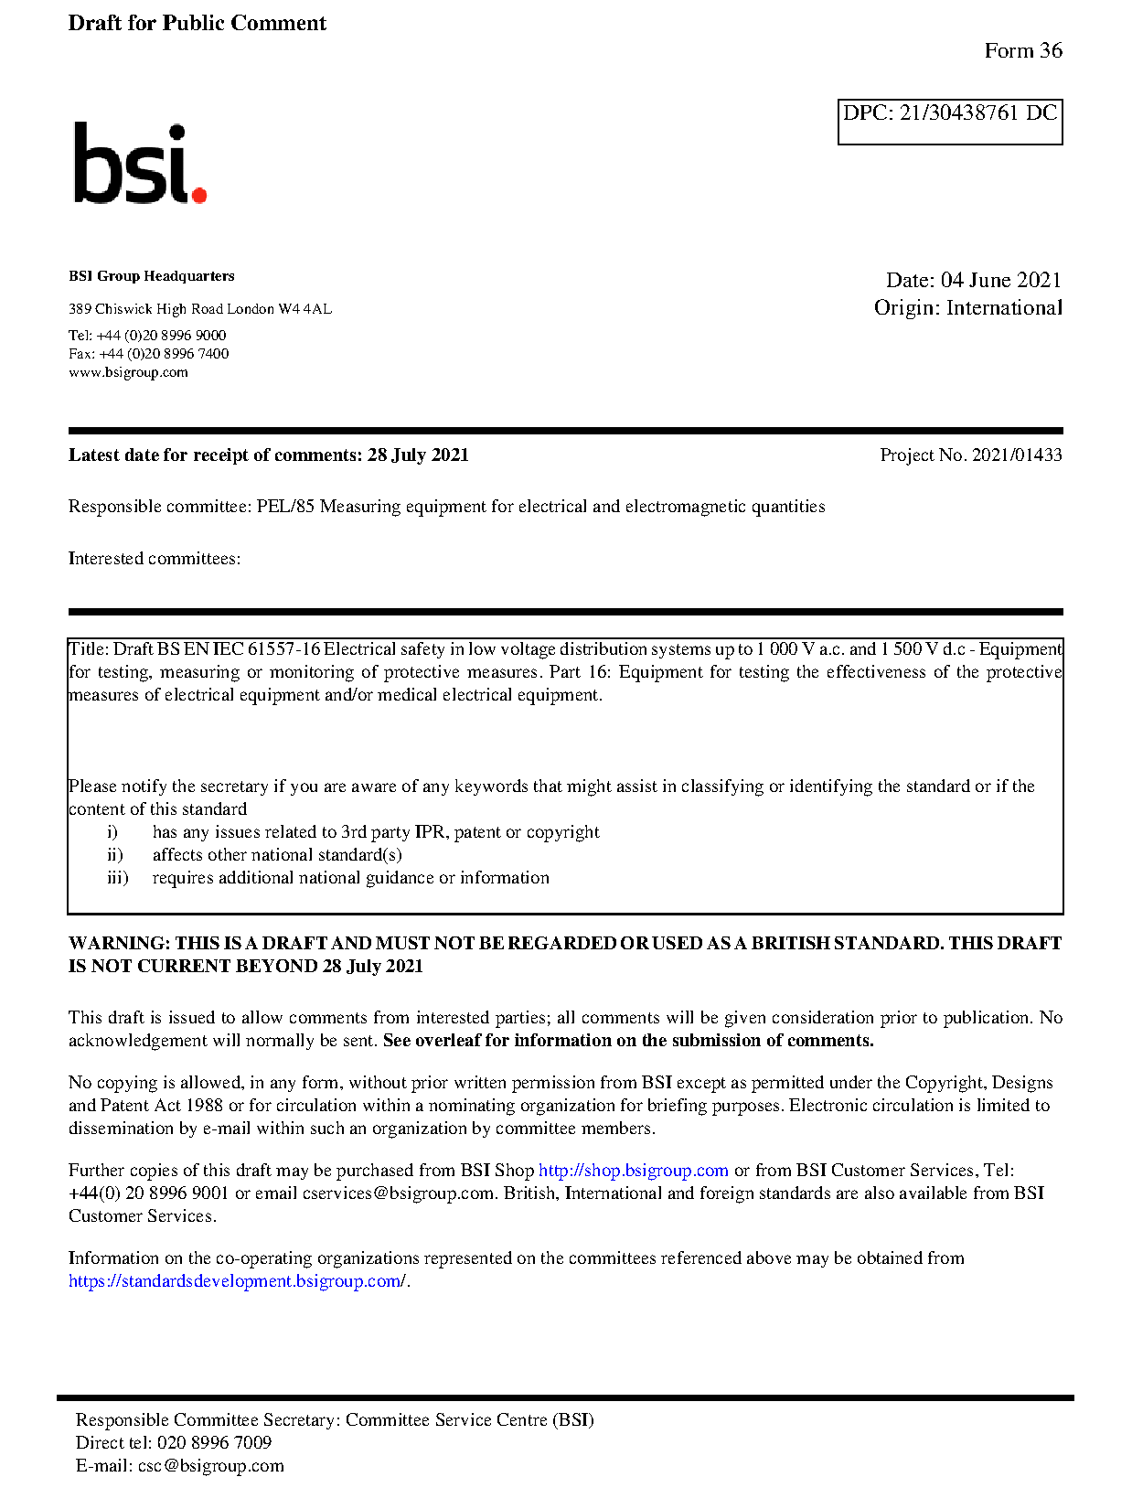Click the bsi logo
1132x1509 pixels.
[139, 165]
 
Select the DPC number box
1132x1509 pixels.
[949, 121]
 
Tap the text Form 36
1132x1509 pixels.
[1022, 51]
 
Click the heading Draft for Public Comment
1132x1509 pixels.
[197, 24]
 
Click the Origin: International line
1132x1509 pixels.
[967, 308]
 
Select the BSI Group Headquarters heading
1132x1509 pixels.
[151, 276]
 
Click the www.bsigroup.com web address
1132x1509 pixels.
[128, 372]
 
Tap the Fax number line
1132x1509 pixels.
[148, 354]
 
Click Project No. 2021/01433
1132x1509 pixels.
[970, 455]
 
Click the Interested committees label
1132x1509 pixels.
[154, 559]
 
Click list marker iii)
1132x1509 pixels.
[117, 878]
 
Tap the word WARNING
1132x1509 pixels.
[119, 944]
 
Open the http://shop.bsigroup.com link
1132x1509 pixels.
[633, 1171]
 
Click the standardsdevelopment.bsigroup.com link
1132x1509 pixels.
[236, 1281]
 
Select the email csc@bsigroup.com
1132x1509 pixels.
[210, 1466]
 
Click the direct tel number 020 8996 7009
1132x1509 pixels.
[214, 1443]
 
